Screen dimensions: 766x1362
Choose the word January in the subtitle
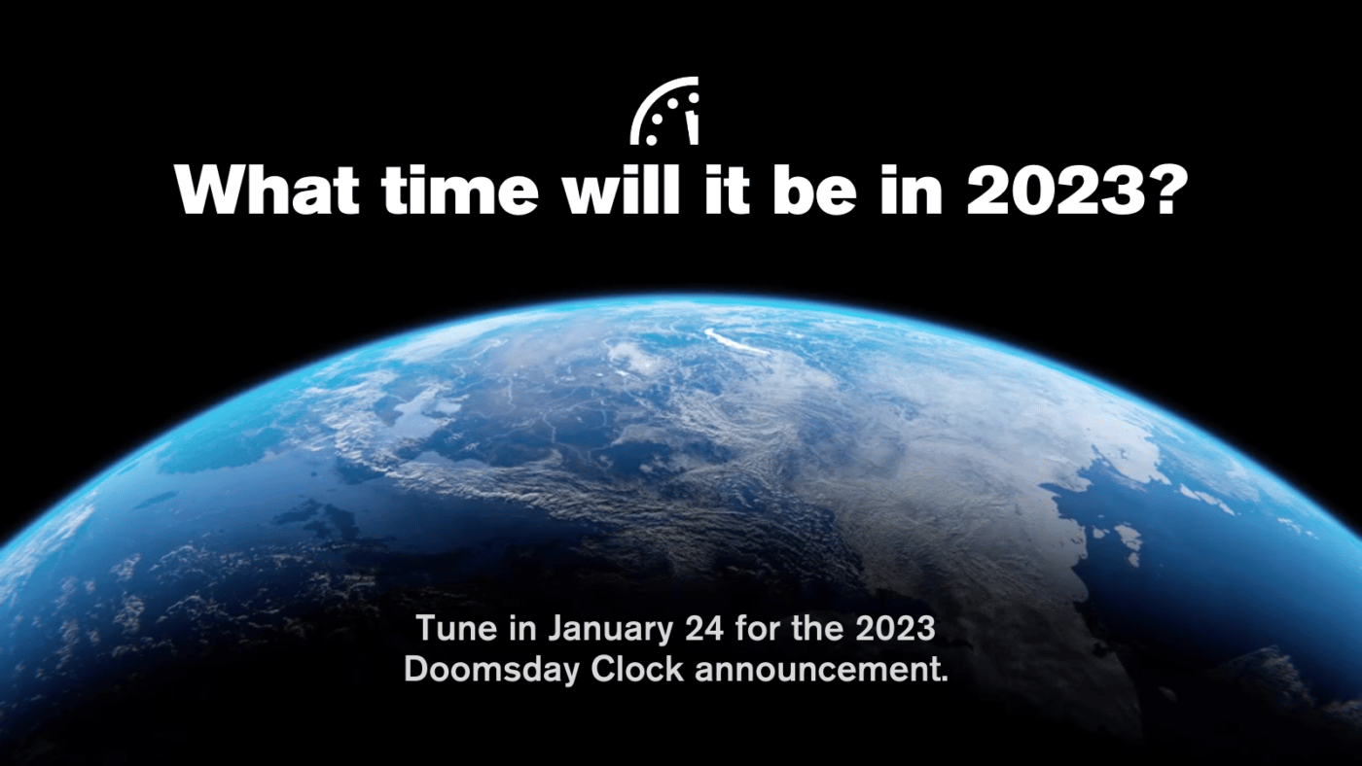(x=608, y=629)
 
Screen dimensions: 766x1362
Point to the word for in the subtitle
(x=775, y=629)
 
